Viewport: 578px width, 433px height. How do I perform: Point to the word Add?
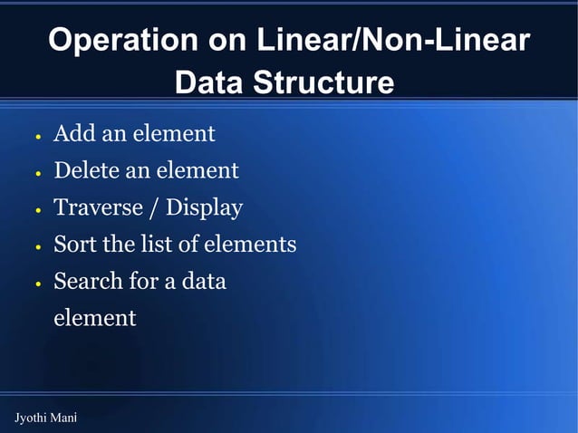click(73, 134)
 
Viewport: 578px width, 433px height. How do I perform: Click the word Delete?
click(84, 170)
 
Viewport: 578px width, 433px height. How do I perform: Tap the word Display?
click(204, 207)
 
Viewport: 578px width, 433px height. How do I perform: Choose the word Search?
click(88, 281)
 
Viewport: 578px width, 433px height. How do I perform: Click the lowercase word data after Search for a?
click(204, 281)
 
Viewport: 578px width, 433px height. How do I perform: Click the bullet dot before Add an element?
click(38, 138)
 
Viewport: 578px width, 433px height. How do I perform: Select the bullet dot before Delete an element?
click(38, 174)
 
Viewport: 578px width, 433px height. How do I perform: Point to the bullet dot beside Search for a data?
click(38, 284)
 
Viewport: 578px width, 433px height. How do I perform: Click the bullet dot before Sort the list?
click(38, 247)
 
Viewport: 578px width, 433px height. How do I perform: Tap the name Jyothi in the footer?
click(31, 418)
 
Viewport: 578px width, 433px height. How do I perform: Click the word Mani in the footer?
click(64, 418)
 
